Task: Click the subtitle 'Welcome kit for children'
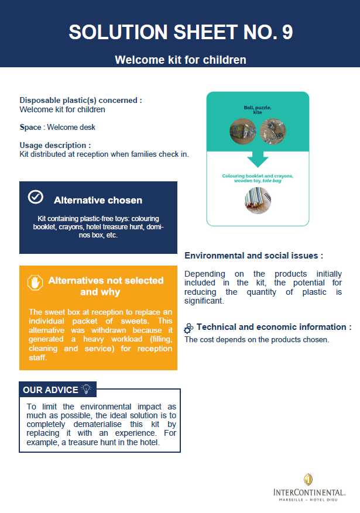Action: pyautogui.click(x=180, y=60)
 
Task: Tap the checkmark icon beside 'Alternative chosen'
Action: pyautogui.click(x=36, y=197)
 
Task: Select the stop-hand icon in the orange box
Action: pyautogui.click(x=36, y=283)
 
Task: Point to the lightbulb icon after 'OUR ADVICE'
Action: pyautogui.click(x=87, y=389)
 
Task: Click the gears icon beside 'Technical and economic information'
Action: pyautogui.click(x=189, y=328)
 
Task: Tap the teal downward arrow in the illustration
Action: pyautogui.click(x=258, y=158)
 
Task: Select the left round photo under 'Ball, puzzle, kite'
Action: pyautogui.click(x=242, y=130)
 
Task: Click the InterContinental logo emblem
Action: pyautogui.click(x=308, y=480)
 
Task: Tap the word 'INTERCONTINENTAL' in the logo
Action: pyautogui.click(x=308, y=493)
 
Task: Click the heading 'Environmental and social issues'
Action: pyautogui.click(x=253, y=256)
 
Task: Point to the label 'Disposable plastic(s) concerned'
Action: pyautogui.click(x=81, y=101)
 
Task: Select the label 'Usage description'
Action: pyautogui.click(x=55, y=145)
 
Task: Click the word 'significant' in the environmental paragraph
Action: pyautogui.click(x=204, y=301)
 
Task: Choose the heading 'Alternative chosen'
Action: pyautogui.click(x=98, y=200)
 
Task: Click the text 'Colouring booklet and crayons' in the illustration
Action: pyautogui.click(x=258, y=176)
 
